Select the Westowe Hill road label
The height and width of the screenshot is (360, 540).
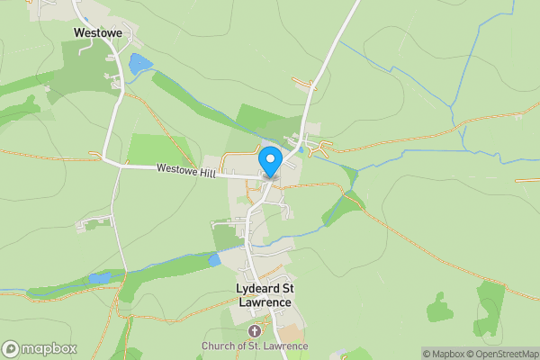pos(186,169)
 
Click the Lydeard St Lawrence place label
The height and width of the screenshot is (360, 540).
pos(263,295)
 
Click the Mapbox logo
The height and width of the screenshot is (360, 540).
pos(40,348)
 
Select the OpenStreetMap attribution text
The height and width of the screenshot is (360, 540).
pos(500,354)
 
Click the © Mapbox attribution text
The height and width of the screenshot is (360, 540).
pos(441,354)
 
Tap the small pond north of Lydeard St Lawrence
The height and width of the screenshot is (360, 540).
pos(214,259)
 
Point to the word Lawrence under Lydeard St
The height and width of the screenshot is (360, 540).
pos(263,302)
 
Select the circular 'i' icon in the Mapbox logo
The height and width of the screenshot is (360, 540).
pos(11,348)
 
